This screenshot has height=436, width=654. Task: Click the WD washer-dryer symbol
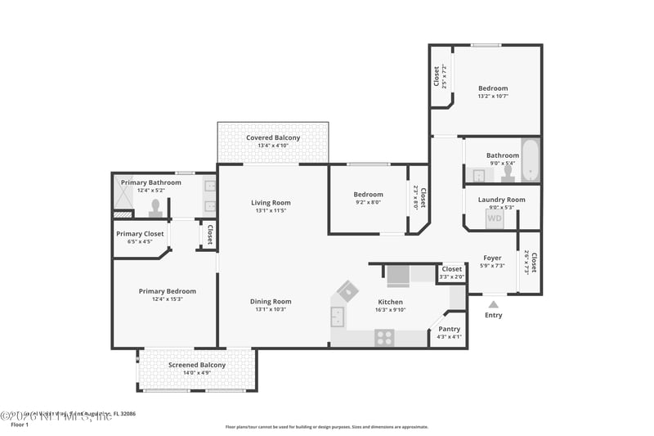[495, 218]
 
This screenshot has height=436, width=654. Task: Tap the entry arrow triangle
[493, 303]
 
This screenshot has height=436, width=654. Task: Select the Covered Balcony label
[273, 137]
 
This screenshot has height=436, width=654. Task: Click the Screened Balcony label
[197, 365]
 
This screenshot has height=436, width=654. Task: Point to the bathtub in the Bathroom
[531, 161]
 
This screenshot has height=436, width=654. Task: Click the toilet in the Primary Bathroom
[155, 207]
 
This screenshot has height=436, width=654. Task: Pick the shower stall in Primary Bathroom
[126, 196]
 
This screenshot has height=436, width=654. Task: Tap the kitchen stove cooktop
[384, 337]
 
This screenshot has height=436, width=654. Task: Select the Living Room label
[271, 203]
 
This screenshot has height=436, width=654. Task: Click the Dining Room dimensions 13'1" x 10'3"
[271, 309]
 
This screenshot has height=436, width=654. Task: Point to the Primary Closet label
[140, 234]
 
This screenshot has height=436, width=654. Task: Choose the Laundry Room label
[503, 200]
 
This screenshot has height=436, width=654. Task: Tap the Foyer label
[492, 258]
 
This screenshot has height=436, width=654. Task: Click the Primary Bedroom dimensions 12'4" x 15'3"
[167, 299]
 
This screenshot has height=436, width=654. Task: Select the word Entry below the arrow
[494, 315]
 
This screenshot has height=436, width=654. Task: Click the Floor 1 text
[19, 425]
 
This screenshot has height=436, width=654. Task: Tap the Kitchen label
[390, 302]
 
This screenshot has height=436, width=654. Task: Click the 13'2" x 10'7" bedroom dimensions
[493, 96]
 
